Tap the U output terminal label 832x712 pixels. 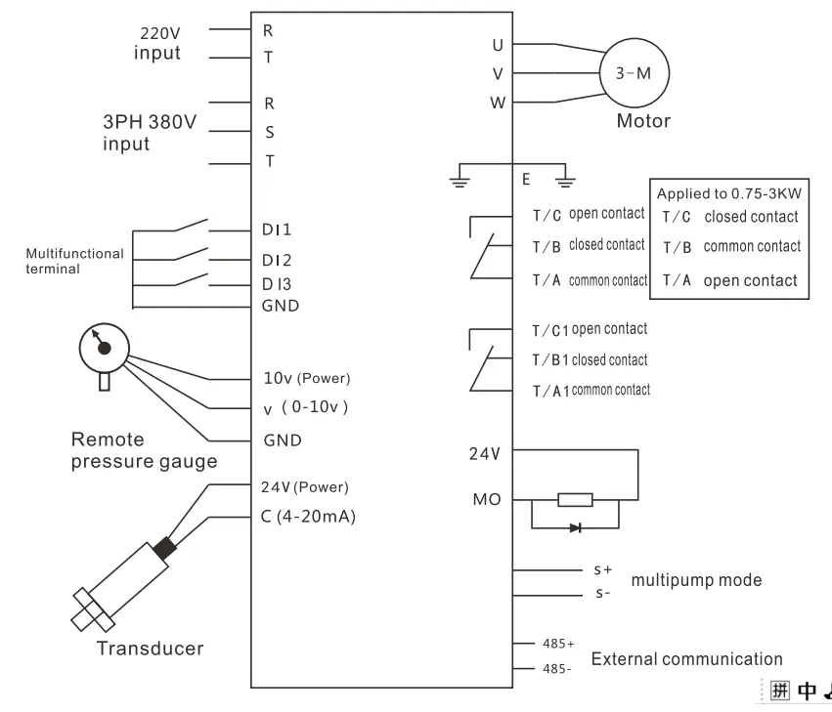[x=498, y=44]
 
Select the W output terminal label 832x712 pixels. [x=498, y=102]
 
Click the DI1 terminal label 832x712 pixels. [x=278, y=230]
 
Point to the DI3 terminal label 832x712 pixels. [x=278, y=283]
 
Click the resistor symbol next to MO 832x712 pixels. [x=574, y=500]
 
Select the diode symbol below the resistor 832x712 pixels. [x=574, y=527]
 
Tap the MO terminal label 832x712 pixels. [x=485, y=500]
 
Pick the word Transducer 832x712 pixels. [x=150, y=648]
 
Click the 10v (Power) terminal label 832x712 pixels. [x=306, y=378]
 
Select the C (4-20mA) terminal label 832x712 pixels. [x=308, y=517]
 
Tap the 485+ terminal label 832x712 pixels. [x=557, y=645]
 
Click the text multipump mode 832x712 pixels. [x=695, y=580]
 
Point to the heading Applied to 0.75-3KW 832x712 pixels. [x=727, y=194]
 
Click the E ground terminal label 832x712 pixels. [x=526, y=180]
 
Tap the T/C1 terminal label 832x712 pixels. [x=549, y=330]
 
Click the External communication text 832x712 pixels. [x=686, y=659]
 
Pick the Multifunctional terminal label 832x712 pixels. [x=74, y=261]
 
